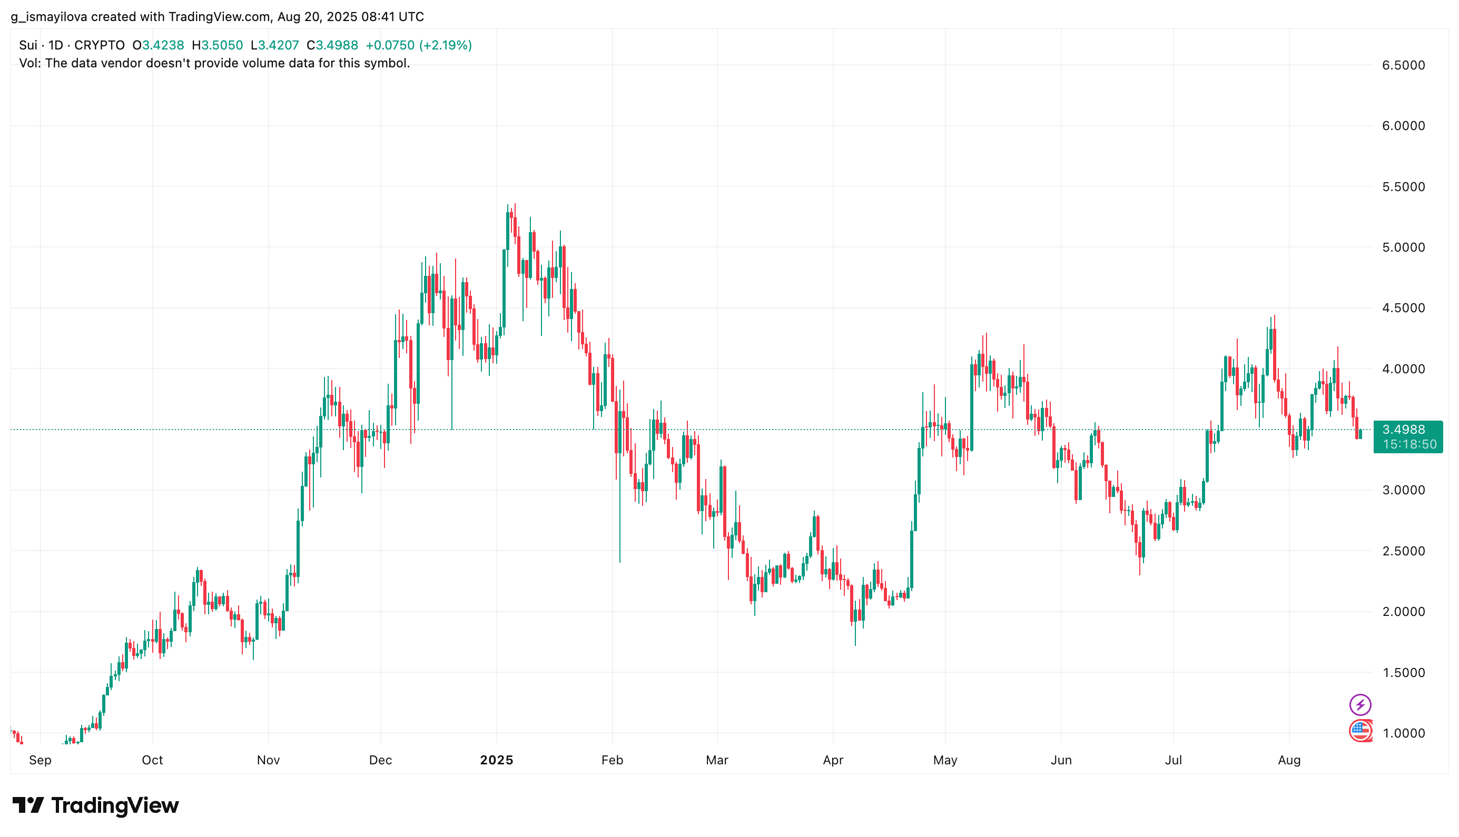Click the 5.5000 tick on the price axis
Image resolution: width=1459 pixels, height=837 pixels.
click(1403, 187)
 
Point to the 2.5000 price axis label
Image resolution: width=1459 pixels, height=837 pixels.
click(1403, 551)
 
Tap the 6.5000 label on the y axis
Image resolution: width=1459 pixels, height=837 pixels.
click(1403, 65)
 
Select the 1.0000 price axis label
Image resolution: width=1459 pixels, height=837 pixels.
click(1403, 733)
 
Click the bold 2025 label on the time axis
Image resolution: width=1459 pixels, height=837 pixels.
click(496, 760)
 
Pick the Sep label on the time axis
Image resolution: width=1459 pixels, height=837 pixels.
click(40, 760)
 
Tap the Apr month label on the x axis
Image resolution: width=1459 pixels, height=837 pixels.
click(832, 760)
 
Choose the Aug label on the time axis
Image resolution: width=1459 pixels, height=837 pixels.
click(1288, 760)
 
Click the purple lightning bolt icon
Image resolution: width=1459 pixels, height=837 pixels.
click(1359, 704)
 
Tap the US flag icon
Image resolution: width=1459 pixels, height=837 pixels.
click(1359, 731)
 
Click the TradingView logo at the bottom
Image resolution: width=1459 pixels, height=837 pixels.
click(95, 805)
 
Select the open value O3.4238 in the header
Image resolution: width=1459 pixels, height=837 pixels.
click(158, 45)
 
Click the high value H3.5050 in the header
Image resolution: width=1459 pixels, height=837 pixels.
click(218, 45)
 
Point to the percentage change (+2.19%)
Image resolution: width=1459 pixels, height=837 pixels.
click(445, 45)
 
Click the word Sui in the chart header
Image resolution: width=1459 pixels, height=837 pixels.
click(27, 45)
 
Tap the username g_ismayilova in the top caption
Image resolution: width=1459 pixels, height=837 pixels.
click(49, 17)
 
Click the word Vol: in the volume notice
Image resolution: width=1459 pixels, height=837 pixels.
click(30, 63)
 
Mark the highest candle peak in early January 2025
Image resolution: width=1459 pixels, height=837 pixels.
click(515, 204)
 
